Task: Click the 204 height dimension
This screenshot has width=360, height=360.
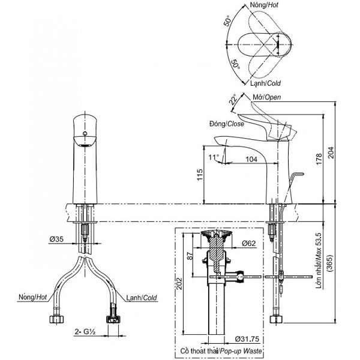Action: click(x=331, y=152)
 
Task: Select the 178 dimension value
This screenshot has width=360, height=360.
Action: click(x=319, y=159)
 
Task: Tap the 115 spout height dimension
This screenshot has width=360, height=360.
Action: click(x=200, y=175)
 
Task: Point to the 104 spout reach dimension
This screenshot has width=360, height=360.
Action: click(x=251, y=159)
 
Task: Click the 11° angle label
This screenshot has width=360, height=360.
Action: click(x=214, y=157)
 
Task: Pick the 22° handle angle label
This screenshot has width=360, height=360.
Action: click(x=233, y=99)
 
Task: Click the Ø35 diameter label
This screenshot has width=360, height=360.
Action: click(x=56, y=239)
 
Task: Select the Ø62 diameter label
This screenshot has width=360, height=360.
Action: click(x=248, y=243)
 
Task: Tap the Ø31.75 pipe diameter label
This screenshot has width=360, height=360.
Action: click(x=247, y=339)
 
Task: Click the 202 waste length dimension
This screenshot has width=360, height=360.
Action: click(x=179, y=284)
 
